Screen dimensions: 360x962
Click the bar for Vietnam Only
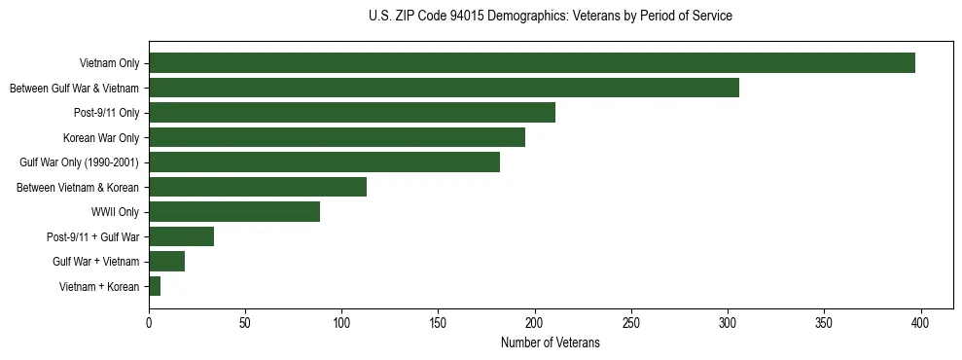(x=531, y=63)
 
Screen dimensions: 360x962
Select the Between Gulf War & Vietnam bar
(x=444, y=88)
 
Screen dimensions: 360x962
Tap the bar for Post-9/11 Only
(x=352, y=113)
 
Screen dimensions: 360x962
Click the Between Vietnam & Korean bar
(x=258, y=187)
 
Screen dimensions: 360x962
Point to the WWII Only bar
(x=234, y=212)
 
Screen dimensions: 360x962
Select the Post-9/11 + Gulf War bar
(x=181, y=236)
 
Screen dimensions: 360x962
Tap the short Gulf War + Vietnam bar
(x=166, y=262)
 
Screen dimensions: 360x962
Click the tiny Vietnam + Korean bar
(x=155, y=286)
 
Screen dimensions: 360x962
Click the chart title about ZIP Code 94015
(x=551, y=17)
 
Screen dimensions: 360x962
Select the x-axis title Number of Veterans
(x=551, y=343)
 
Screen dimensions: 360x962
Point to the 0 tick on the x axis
(x=149, y=323)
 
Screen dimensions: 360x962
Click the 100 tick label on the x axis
(x=341, y=323)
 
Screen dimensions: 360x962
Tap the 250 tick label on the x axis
(x=631, y=323)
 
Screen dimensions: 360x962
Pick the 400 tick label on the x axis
(x=921, y=323)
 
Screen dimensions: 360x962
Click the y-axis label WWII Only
(x=115, y=212)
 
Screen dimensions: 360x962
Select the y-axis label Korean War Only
(x=101, y=137)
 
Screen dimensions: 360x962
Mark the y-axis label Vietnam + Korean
(x=99, y=286)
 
